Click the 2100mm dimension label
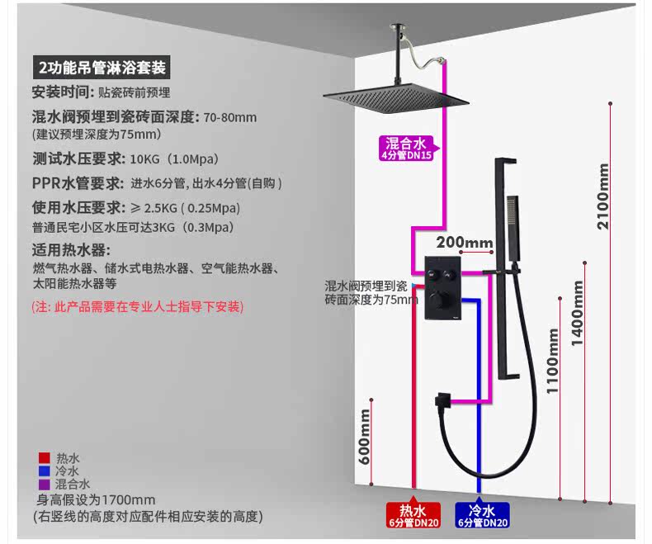(603, 196)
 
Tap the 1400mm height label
(578, 314)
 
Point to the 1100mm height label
(553, 361)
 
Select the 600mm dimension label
(364, 437)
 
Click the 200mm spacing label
(465, 242)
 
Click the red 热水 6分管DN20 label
(413, 515)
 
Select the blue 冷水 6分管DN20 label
(482, 515)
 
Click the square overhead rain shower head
(396, 98)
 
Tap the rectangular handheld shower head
(513, 228)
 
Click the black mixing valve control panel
(442, 288)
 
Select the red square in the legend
(45, 458)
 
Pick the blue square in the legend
(45, 471)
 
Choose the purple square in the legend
(45, 484)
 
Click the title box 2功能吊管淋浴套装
(102, 68)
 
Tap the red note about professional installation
(137, 307)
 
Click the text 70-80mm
(230, 118)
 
